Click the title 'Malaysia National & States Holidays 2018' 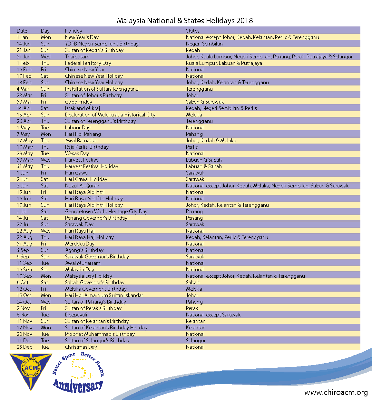coord(185,21)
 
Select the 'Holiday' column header coord(73,31)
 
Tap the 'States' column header coord(192,31)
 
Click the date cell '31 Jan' coord(24,57)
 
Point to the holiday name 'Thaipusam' coord(77,57)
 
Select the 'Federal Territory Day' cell coord(88,63)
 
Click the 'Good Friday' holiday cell coord(79,102)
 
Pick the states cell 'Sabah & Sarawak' coord(205,102)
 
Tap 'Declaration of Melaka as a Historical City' coord(110,115)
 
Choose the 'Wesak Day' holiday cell coord(77,154)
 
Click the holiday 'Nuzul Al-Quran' coord(82,186)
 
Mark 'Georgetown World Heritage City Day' coord(106,212)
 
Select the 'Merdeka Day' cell coord(80,244)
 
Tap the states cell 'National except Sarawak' coord(213,315)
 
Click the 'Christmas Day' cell coord(81,347)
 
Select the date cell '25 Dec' coord(24,347)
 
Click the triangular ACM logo coord(31,370)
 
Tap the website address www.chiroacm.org coord(336,393)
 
